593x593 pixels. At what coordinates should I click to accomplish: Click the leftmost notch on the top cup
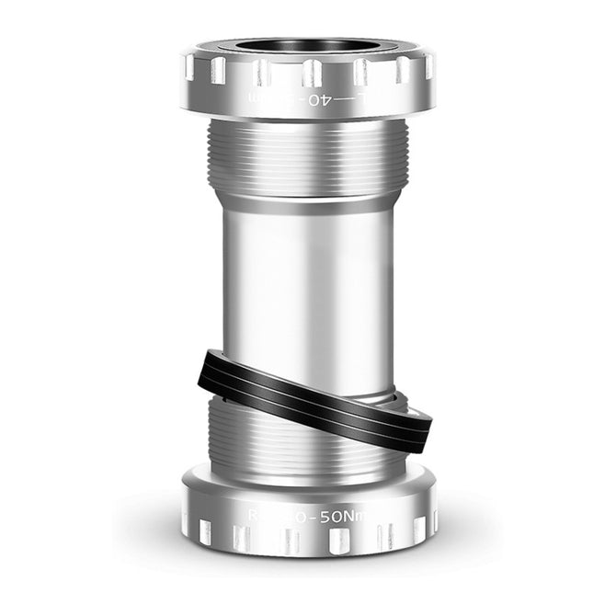click(190, 66)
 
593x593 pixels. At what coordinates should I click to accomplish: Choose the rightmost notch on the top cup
click(428, 66)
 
